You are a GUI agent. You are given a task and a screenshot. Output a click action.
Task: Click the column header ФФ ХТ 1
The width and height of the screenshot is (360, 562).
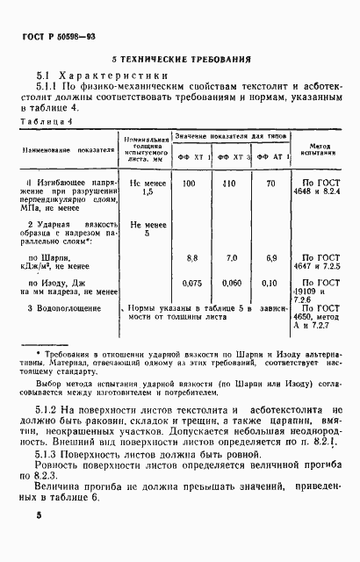(x=194, y=157)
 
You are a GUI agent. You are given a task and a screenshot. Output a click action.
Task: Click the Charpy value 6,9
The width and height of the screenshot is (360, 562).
(x=271, y=258)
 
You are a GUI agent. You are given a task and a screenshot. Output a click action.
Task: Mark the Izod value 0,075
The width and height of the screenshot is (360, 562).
(x=191, y=284)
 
